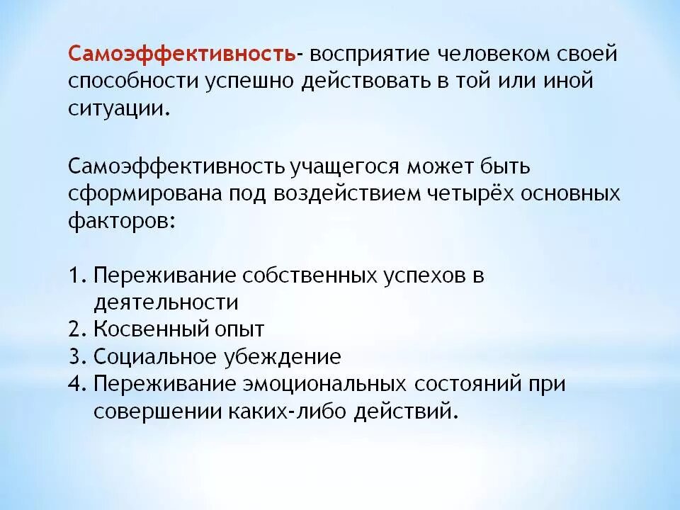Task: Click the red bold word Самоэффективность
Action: coord(182,55)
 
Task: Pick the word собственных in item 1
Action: coord(306,276)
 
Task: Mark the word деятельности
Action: coord(166,302)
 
